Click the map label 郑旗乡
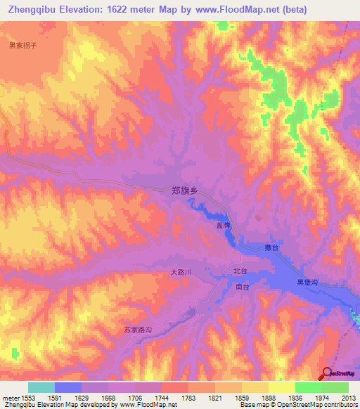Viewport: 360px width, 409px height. [186, 190]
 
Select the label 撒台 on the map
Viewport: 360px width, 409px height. [272, 248]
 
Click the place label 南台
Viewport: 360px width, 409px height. [243, 287]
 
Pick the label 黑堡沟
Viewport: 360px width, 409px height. [308, 282]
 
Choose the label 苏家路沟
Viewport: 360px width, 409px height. [138, 329]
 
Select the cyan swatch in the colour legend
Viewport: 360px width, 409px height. [41, 387]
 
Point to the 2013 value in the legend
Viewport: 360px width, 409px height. [348, 397]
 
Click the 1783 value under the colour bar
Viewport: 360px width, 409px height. [188, 397]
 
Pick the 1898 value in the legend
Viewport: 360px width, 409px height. [269, 397]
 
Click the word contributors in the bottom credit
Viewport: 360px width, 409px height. [339, 405]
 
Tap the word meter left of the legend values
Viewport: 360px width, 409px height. [10, 397]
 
